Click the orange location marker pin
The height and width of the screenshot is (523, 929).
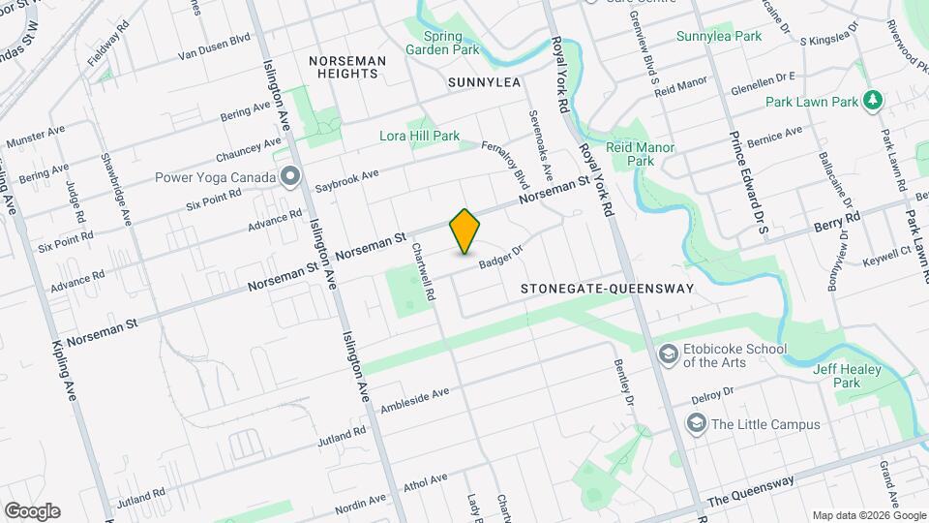(465, 231)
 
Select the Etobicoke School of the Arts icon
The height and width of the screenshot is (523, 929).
(667, 355)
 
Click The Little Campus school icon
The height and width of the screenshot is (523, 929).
(696, 423)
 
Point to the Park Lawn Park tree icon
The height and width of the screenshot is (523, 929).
(874, 101)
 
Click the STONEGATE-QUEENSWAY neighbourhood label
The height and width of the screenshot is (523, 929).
(607, 289)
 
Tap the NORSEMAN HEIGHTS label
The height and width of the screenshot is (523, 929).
(347, 67)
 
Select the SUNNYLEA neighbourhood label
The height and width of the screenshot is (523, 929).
(485, 83)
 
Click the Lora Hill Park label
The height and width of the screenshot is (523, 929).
(419, 137)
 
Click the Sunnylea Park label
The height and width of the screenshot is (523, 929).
(719, 36)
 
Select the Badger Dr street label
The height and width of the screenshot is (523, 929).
(499, 257)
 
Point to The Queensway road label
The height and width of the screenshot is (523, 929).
(750, 491)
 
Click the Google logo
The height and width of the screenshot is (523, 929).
(32, 511)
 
